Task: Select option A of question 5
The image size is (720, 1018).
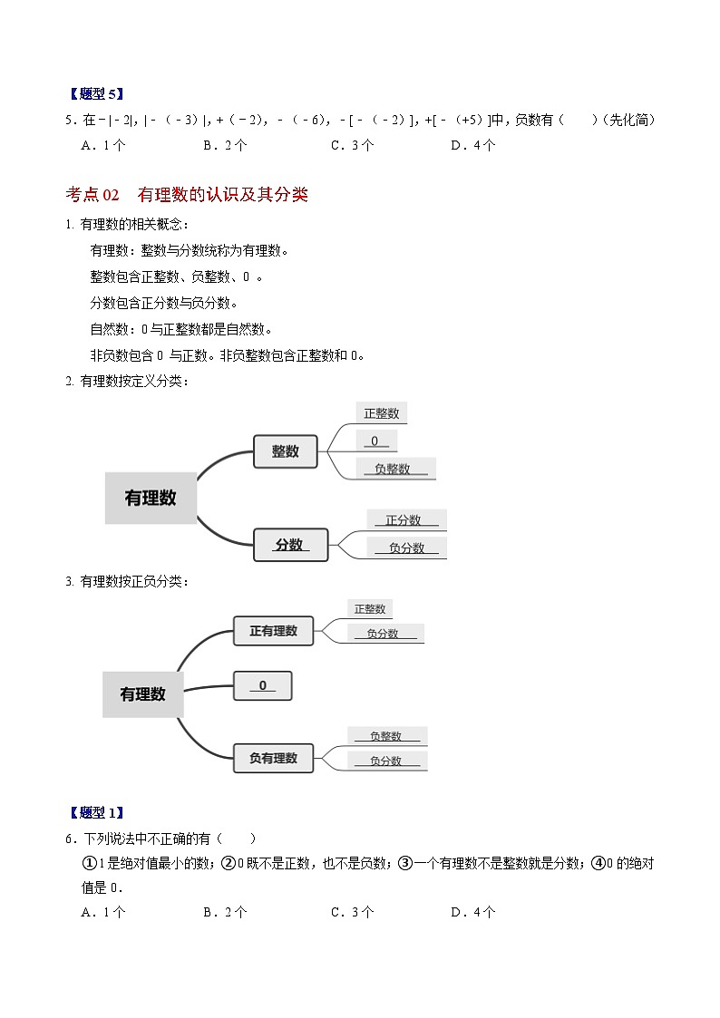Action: [102, 145]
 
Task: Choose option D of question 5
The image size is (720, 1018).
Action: [472, 145]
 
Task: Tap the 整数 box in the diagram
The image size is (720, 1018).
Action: [286, 451]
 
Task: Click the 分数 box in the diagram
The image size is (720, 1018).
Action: [289, 545]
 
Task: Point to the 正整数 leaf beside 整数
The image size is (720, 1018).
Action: [381, 413]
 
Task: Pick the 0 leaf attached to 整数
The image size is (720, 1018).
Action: [375, 441]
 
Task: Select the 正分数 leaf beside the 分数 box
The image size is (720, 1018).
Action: [404, 520]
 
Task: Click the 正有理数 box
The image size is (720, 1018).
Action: [273, 631]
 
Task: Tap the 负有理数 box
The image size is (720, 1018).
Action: [273, 758]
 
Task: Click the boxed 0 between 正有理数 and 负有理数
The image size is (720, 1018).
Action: [263, 685]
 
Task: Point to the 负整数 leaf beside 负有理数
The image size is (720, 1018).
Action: [385, 736]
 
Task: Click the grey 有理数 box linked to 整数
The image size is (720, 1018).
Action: [151, 498]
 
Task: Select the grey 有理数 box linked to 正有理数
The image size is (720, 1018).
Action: [143, 694]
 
